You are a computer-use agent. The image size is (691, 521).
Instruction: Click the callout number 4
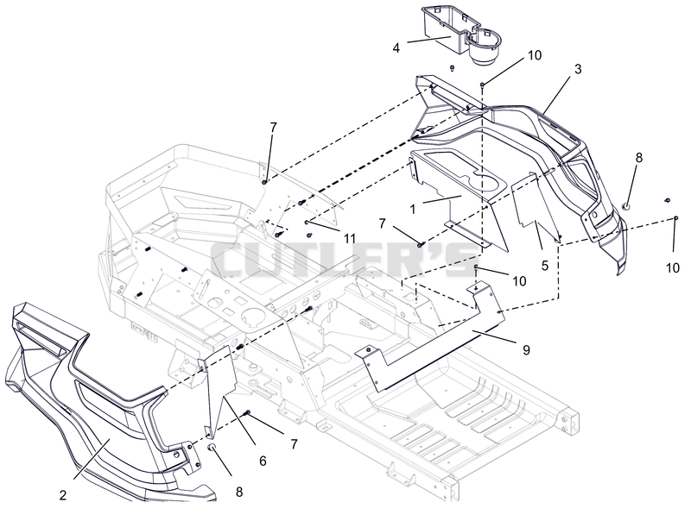pos(396,48)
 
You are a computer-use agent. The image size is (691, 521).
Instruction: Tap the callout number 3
pos(578,69)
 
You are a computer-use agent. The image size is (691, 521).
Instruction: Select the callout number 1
pos(413,210)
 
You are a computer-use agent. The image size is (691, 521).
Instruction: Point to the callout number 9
pos(526,350)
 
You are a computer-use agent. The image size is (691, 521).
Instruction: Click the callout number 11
pos(350,239)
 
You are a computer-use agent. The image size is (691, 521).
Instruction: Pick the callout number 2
pos(63,495)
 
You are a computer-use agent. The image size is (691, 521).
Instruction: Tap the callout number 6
pos(263,461)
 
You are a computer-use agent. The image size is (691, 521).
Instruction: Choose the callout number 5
pos(545,266)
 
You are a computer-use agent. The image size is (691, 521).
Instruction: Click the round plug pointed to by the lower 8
pos(212,448)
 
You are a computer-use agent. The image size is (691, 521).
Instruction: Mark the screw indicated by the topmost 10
pos(483,85)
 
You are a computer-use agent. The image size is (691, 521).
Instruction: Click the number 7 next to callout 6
pos(294,444)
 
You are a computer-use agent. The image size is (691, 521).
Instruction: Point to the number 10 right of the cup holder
pos(535,55)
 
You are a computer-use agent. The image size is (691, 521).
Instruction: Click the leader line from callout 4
pos(428,40)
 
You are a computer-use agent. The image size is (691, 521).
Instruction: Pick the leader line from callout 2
pos(92,459)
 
